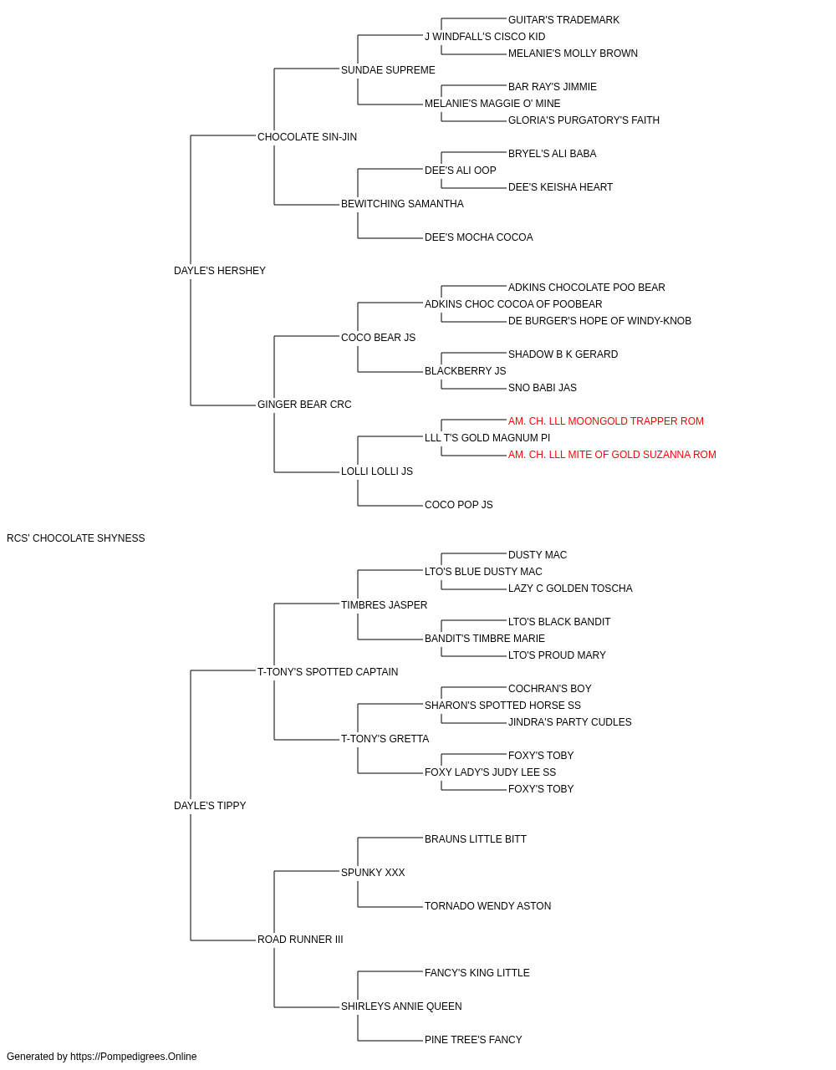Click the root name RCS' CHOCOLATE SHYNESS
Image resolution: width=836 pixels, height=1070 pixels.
coord(76,538)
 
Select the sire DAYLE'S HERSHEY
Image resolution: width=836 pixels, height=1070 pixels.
coord(220,271)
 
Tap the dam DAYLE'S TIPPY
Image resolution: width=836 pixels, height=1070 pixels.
coord(210,806)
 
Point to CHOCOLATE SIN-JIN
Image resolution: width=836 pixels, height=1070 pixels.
coord(307,137)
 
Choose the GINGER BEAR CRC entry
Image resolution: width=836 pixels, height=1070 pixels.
coord(304,405)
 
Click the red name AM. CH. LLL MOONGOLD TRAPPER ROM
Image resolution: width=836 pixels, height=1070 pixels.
coord(605,421)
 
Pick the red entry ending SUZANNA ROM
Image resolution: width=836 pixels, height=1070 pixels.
coord(612,455)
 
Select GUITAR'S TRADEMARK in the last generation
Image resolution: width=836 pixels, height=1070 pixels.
coord(563,20)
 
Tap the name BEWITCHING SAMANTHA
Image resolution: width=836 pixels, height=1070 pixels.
coord(402,204)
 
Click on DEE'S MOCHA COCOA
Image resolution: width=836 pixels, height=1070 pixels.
coord(478,237)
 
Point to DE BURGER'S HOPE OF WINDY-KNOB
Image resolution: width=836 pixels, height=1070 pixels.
coord(599,321)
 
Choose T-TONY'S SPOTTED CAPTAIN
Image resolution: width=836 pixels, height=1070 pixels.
coord(328,672)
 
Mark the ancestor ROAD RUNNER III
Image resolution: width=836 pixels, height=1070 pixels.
coord(300,940)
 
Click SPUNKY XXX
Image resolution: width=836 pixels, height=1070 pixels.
coord(373,873)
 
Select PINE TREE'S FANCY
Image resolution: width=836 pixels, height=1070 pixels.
coord(473,1039)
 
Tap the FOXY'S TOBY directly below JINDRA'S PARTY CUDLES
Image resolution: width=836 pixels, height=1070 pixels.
coord(541,756)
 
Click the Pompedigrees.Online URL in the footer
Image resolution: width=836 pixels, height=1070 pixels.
coord(134,1057)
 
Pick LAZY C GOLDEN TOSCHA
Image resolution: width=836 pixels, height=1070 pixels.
coord(570,588)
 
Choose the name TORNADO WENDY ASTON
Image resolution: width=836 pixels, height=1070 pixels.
coord(487,906)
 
